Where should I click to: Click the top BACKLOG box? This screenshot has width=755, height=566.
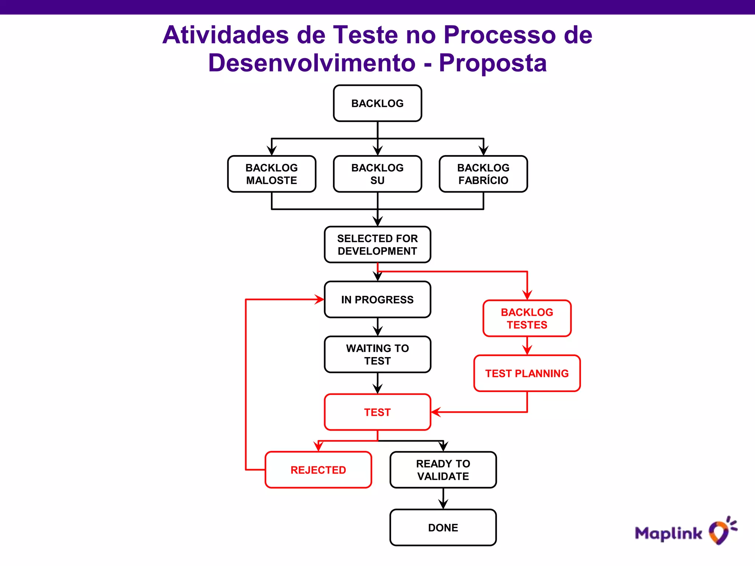click(377, 103)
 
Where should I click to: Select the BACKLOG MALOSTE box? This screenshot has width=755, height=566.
click(272, 174)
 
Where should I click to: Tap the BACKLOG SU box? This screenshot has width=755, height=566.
click(377, 174)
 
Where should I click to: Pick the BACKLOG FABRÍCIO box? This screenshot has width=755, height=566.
click(483, 174)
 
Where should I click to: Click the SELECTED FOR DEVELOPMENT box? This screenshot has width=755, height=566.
click(377, 245)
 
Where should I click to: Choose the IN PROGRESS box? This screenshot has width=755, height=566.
click(377, 300)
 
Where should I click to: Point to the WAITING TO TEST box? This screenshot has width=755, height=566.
click(377, 354)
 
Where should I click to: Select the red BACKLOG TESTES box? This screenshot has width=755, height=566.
click(527, 318)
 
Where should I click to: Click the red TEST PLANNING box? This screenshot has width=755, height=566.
click(527, 373)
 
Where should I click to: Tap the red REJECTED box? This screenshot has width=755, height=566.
click(318, 470)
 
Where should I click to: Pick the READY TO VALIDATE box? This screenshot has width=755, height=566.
click(443, 470)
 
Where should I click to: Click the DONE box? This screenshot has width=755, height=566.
click(443, 527)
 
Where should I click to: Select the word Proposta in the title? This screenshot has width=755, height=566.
click(493, 63)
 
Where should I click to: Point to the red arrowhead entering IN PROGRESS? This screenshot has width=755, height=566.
click(320, 300)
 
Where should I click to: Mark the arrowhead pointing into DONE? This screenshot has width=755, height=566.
click(443, 504)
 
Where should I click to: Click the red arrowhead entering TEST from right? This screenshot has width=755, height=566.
click(436, 412)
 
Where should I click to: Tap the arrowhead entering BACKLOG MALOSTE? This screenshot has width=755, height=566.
click(272, 151)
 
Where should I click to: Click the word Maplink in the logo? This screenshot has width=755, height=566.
click(668, 534)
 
